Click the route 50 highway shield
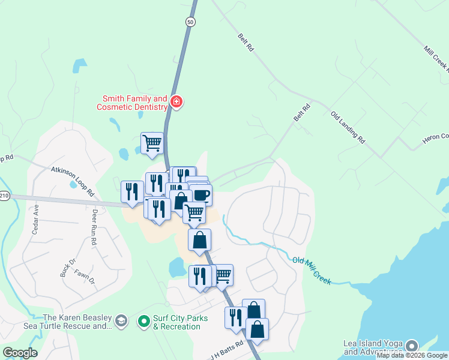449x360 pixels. (190, 22)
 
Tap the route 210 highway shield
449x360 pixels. (4, 196)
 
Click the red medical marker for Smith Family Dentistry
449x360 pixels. (176, 101)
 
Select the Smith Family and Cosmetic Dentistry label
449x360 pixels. (134, 103)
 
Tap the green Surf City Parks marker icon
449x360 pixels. (143, 322)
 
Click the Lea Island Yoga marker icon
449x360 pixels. (411, 346)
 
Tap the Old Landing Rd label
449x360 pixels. (348, 127)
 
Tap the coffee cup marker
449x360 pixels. (201, 194)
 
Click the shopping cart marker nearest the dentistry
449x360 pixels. (152, 143)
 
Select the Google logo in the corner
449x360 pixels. (20, 353)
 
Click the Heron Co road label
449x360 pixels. (436, 137)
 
